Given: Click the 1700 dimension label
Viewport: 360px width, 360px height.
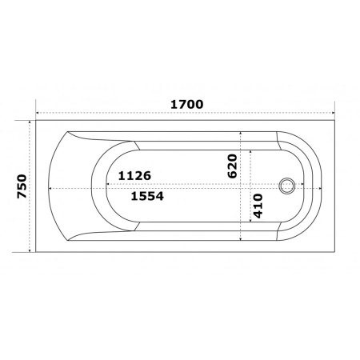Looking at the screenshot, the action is click(x=186, y=104).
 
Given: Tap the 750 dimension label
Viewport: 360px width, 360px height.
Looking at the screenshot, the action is click(x=22, y=186).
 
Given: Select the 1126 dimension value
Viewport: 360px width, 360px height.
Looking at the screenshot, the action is click(x=134, y=176).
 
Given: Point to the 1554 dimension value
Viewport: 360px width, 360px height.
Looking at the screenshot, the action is click(x=147, y=196).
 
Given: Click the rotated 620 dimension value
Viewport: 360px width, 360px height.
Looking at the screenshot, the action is click(x=232, y=166).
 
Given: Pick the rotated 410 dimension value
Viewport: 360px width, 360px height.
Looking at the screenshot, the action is click(x=258, y=206).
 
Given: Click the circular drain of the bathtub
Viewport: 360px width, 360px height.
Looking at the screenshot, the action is click(x=287, y=186).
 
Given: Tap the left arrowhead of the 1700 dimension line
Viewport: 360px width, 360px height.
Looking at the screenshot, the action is click(x=38, y=113).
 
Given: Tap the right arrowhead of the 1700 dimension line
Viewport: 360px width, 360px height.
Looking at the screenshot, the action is click(x=333, y=113).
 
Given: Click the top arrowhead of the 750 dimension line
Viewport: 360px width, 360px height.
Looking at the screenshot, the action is click(x=30, y=122).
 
